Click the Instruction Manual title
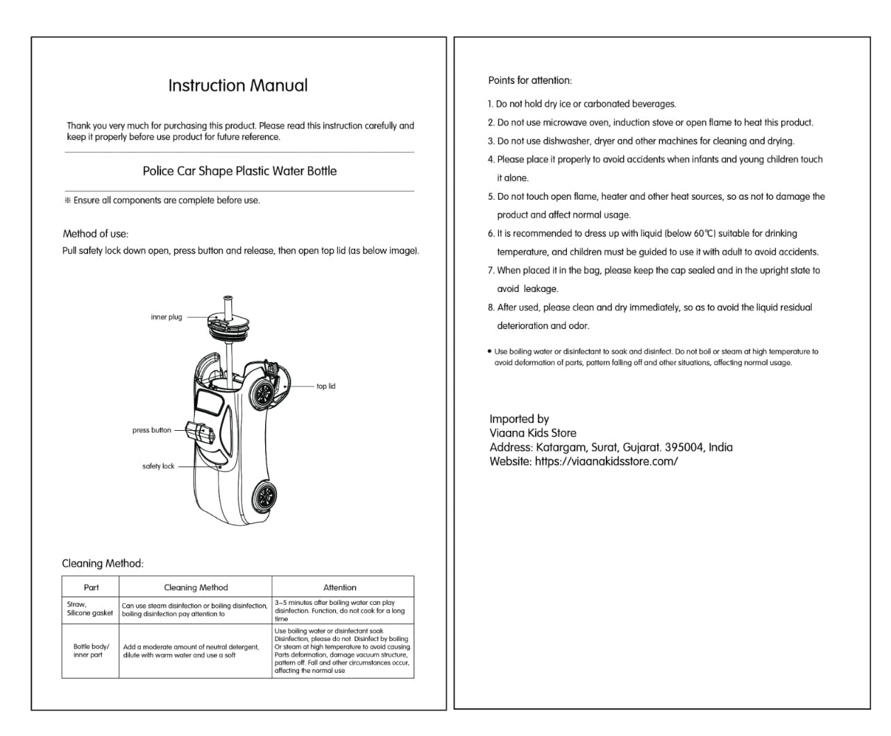click(x=237, y=86)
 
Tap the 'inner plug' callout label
click(x=167, y=317)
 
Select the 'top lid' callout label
click(x=325, y=386)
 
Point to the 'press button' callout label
click(x=151, y=430)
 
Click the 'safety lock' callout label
click(x=158, y=466)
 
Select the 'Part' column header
click(x=91, y=588)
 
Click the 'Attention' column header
click(x=340, y=588)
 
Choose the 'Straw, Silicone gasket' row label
click(x=90, y=609)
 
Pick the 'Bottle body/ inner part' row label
click(x=91, y=651)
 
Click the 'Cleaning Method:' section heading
click(x=103, y=563)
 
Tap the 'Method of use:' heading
click(x=96, y=234)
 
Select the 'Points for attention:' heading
click(x=530, y=80)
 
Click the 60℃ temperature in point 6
click(x=704, y=234)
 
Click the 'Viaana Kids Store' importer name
click(x=533, y=433)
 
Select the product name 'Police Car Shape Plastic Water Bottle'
click(x=239, y=171)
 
